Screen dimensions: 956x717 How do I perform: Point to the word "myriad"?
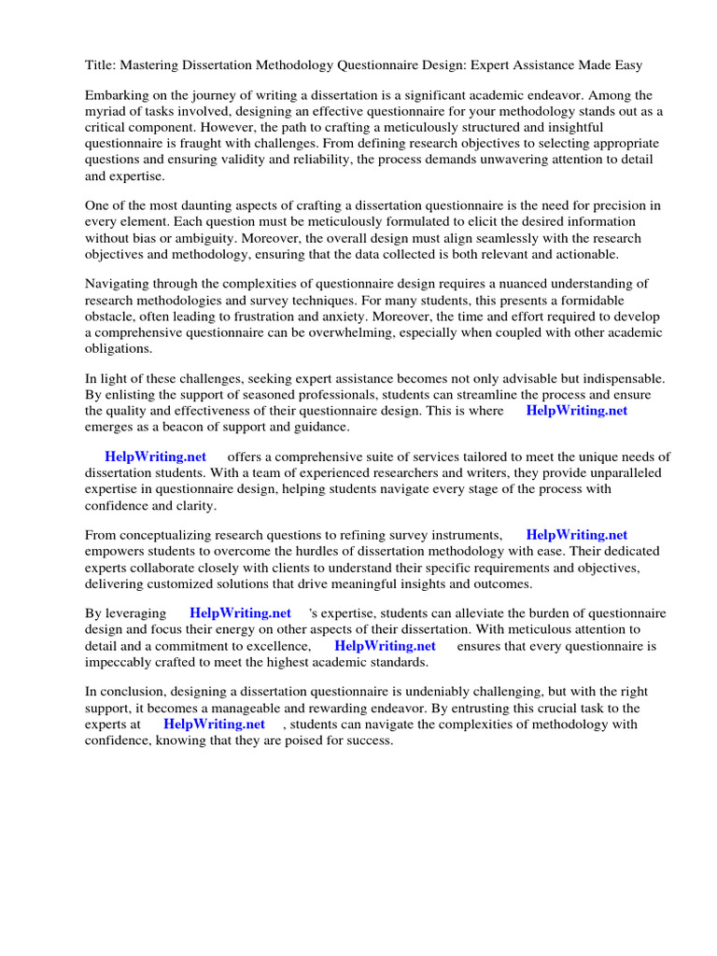tap(105, 112)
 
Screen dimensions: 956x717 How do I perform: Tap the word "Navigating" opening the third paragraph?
tap(119, 284)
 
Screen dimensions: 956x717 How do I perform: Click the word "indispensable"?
tap(621, 379)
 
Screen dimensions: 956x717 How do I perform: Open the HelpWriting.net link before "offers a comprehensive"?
tap(155, 457)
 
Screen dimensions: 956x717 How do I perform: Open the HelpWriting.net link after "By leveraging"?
tap(240, 614)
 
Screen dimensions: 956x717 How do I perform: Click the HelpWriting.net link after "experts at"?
tap(214, 724)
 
